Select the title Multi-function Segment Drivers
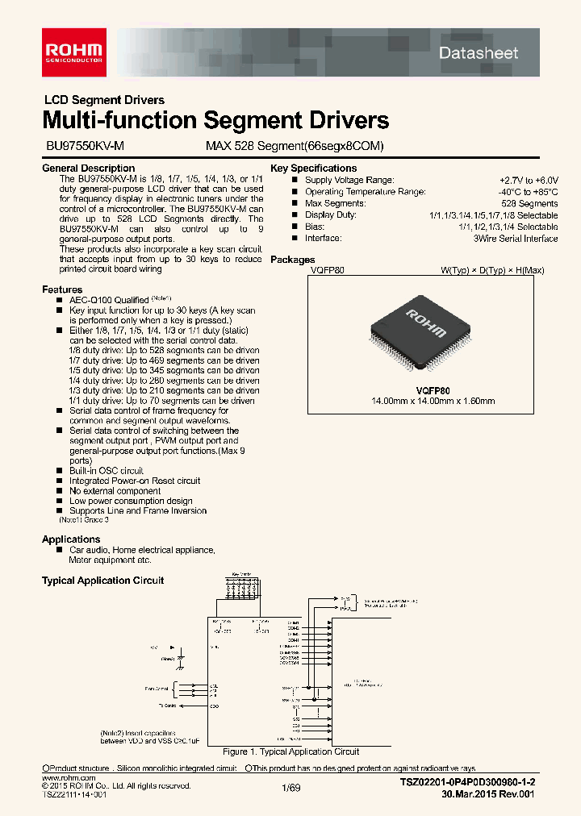215,121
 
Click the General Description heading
88,169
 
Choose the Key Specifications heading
313,169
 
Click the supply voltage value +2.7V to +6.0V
528,181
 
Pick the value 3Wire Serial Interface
516,239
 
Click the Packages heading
292,260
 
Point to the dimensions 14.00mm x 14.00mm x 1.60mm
433,401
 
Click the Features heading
62,289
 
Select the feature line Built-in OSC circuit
106,471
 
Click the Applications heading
71,539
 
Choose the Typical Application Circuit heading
102,581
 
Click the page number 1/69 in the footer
290,789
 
